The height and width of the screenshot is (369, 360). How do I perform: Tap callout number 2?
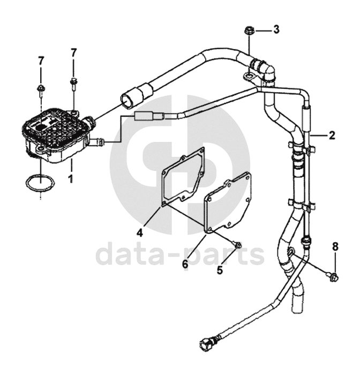pyautogui.click(x=332, y=135)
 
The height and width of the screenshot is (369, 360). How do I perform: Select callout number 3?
pyautogui.click(x=276, y=29)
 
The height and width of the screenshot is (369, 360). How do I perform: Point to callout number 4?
pyautogui.click(x=139, y=233)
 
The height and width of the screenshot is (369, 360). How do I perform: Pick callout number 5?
pyautogui.click(x=220, y=270)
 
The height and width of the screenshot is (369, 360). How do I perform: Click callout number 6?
pyautogui.click(x=185, y=263)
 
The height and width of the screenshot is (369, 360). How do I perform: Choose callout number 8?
pyautogui.click(x=335, y=246)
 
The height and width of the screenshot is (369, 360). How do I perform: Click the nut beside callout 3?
pyautogui.click(x=249, y=31)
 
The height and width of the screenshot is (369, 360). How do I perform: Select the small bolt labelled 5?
pyautogui.click(x=238, y=246)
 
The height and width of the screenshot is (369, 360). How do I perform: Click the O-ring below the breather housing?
pyautogui.click(x=39, y=184)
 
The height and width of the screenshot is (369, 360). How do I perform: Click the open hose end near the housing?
pyautogui.click(x=129, y=99)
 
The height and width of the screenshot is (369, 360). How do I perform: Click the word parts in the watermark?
pyautogui.click(x=230, y=255)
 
